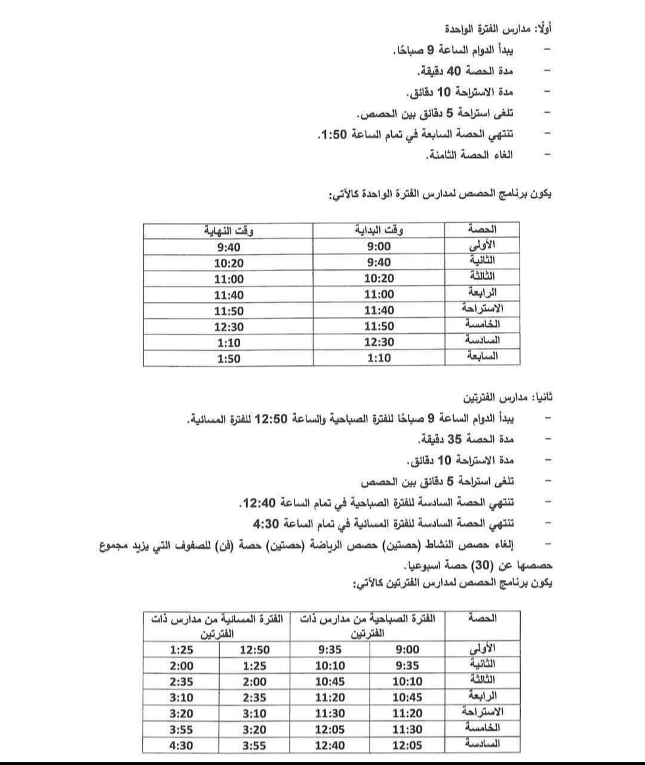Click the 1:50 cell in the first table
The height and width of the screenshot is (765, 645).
(x=229, y=358)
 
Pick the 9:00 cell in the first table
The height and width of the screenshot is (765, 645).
(x=379, y=247)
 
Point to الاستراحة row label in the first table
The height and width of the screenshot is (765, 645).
(x=482, y=309)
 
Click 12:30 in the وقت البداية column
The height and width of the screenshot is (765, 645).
(x=379, y=342)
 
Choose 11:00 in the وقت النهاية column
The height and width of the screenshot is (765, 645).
(x=229, y=279)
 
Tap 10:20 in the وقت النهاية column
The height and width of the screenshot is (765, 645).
(x=229, y=263)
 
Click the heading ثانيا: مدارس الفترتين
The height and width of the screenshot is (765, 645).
(x=508, y=397)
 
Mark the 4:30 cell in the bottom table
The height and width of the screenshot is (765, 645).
(x=181, y=745)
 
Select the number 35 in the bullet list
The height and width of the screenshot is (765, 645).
(x=454, y=440)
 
